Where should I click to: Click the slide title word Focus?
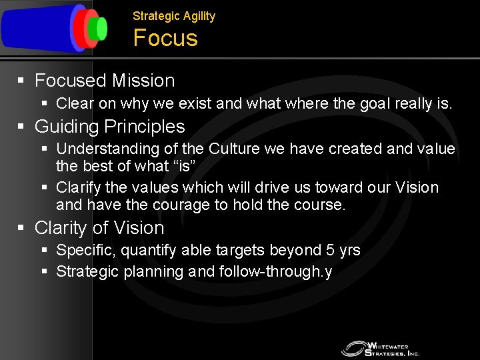165,38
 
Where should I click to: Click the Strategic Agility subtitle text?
174,16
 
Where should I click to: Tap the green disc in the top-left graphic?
101,28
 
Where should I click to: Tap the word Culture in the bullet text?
235,149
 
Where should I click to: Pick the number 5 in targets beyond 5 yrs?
330,251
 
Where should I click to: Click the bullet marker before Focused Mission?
21,81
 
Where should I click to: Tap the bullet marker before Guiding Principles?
21,127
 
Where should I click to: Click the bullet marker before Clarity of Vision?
21,228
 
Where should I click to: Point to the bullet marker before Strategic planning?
44,272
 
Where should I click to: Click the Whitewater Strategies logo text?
393,348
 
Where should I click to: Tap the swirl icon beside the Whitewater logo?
353,348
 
